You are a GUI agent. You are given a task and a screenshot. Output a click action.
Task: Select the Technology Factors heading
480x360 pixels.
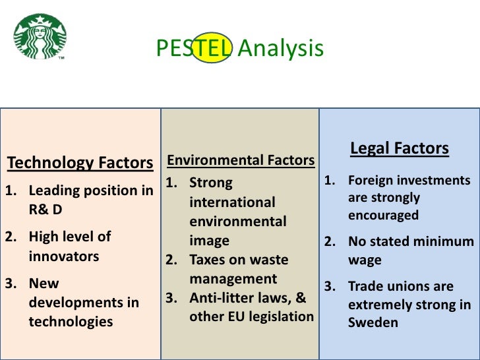tap(80, 162)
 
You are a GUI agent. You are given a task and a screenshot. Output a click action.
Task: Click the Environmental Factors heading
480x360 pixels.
tap(240, 160)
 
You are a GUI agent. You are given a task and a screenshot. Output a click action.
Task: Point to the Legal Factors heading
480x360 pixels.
tap(400, 148)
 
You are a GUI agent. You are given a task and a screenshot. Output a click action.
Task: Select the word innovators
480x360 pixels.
tap(64, 256)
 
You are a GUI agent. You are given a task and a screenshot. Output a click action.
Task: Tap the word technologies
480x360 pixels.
tap(71, 322)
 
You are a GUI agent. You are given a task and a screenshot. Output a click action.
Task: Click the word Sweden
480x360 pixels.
tap(373, 322)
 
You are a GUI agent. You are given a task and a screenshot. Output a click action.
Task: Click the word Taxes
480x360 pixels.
tap(208, 260)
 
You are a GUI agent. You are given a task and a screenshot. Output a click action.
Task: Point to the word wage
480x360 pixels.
tap(365, 260)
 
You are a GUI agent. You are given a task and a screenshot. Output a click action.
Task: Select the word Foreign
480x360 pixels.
tap(373, 180)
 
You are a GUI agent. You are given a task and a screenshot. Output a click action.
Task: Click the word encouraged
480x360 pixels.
tap(383, 215)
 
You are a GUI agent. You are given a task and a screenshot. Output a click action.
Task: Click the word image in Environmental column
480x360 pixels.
tap(209, 241)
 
